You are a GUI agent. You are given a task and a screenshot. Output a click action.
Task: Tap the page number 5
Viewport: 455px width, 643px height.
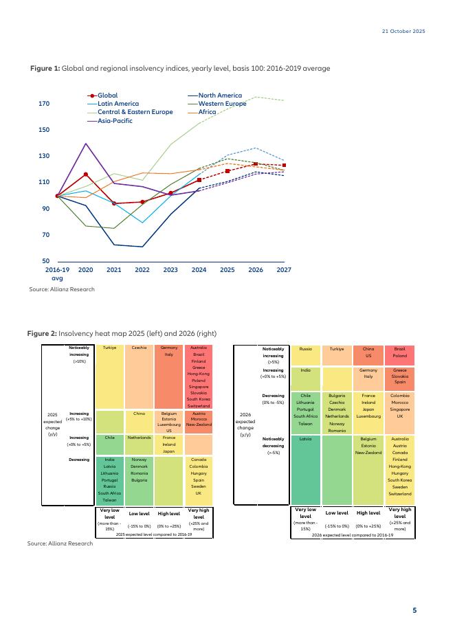[414, 610]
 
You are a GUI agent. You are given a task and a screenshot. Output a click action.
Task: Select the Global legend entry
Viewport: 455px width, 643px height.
[107, 95]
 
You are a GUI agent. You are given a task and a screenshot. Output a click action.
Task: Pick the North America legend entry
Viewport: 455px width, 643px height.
[220, 95]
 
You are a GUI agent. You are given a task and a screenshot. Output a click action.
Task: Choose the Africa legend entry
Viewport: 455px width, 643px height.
[207, 112]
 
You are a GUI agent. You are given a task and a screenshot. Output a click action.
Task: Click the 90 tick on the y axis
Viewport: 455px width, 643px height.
[45, 209]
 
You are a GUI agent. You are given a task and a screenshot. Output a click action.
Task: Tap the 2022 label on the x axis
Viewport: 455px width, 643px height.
[142, 271]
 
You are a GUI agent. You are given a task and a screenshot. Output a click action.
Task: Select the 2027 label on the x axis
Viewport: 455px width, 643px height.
[283, 271]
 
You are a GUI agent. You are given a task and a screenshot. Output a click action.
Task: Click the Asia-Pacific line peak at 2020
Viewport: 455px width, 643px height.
[86, 144]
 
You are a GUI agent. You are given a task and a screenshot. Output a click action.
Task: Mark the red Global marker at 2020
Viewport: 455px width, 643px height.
[86, 174]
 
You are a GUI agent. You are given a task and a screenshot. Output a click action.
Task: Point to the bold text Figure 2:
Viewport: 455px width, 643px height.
[42, 333]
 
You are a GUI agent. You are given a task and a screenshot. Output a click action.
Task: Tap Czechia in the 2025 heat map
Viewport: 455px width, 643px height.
[139, 348]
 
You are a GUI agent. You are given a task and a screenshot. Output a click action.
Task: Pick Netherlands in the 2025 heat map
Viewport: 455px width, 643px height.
[139, 438]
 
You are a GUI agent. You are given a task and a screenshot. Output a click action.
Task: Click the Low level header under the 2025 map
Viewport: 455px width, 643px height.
[139, 514]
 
